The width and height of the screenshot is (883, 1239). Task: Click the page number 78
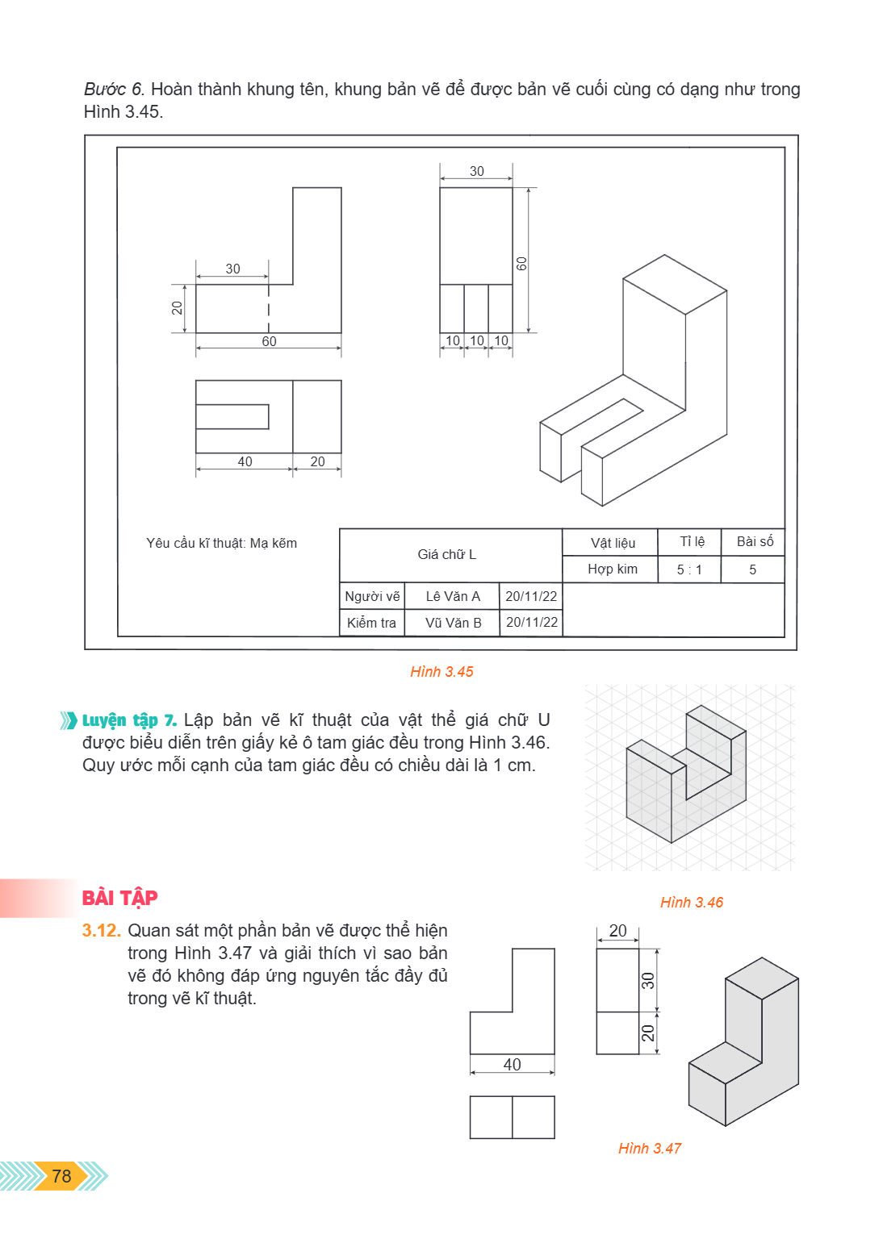pyautogui.click(x=61, y=1175)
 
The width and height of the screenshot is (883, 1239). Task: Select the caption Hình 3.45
pyautogui.click(x=441, y=671)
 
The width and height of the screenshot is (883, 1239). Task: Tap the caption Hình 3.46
pyautogui.click(x=692, y=902)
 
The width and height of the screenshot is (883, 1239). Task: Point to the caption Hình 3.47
pyautogui.click(x=650, y=1149)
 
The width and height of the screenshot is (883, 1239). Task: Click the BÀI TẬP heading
pyautogui.click(x=119, y=897)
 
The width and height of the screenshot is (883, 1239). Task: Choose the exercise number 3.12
pyautogui.click(x=102, y=930)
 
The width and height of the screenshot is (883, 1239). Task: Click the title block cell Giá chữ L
pyautogui.click(x=447, y=554)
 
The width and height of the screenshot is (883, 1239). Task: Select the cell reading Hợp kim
pyautogui.click(x=613, y=569)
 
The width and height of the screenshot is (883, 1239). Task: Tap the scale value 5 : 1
pyautogui.click(x=689, y=569)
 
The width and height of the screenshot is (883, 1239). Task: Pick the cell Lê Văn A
pyautogui.click(x=453, y=596)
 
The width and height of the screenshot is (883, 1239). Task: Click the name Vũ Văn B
pyautogui.click(x=454, y=623)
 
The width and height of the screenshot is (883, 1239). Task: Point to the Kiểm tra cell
pyautogui.click(x=371, y=623)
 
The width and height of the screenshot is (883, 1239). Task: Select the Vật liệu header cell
pyautogui.click(x=613, y=543)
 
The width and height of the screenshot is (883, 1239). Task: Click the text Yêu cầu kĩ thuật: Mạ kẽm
pyautogui.click(x=221, y=543)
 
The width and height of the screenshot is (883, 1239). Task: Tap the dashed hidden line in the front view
pyautogui.click(x=269, y=309)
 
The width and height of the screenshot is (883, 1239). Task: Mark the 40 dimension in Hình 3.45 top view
pyautogui.click(x=245, y=461)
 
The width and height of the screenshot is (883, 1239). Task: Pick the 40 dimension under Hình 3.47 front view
pyautogui.click(x=512, y=1064)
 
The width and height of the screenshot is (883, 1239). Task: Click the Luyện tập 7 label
pyautogui.click(x=129, y=720)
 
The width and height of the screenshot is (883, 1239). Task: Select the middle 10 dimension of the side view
pyautogui.click(x=477, y=340)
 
